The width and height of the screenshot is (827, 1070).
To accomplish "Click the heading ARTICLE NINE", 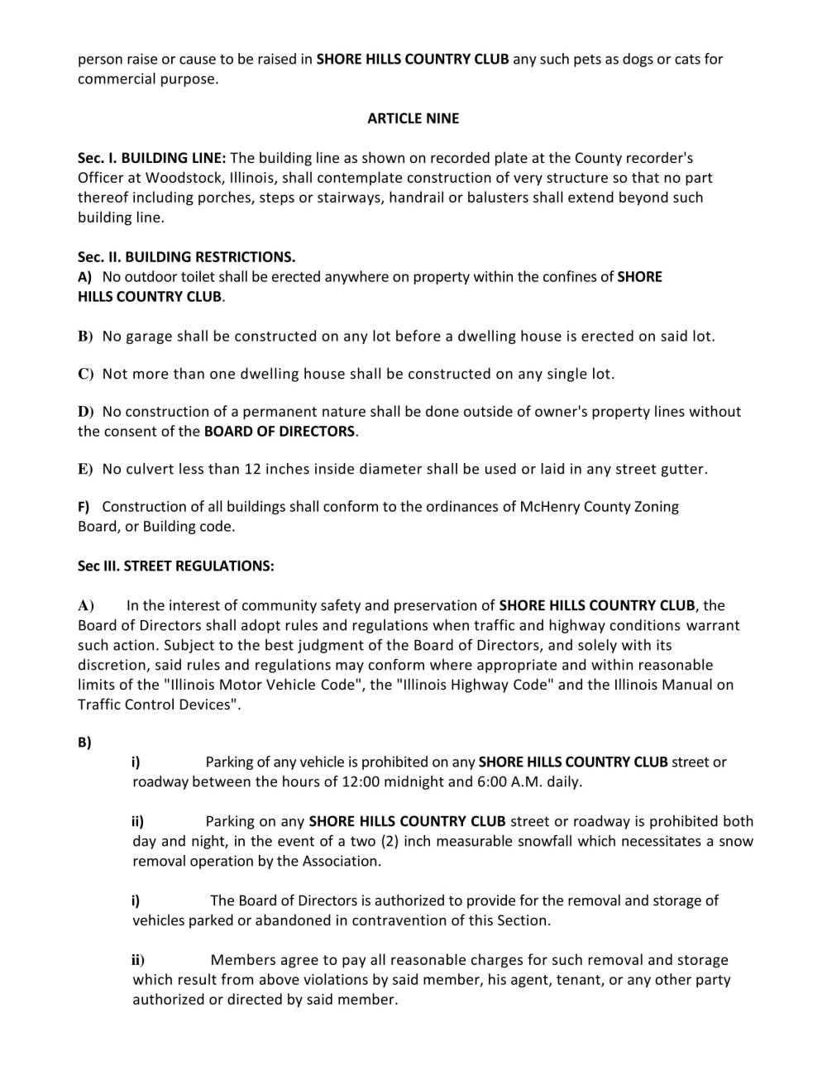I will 413,118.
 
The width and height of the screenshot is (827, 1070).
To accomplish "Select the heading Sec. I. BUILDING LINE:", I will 151,158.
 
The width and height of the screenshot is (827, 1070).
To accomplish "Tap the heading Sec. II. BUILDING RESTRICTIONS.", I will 186,257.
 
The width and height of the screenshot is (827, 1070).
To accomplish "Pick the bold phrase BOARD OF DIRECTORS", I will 280,432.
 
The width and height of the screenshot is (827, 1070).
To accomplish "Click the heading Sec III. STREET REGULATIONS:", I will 175,566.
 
